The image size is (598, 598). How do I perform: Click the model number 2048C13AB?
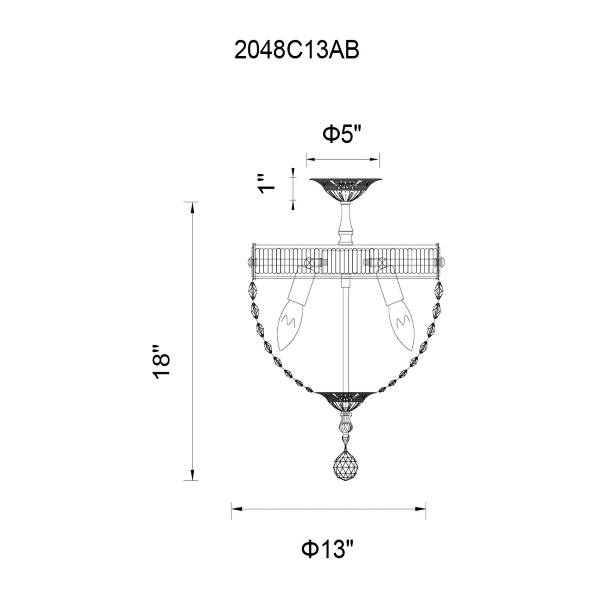point(297,50)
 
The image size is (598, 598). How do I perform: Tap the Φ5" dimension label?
point(343,134)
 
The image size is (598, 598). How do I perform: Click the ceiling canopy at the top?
point(346,191)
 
